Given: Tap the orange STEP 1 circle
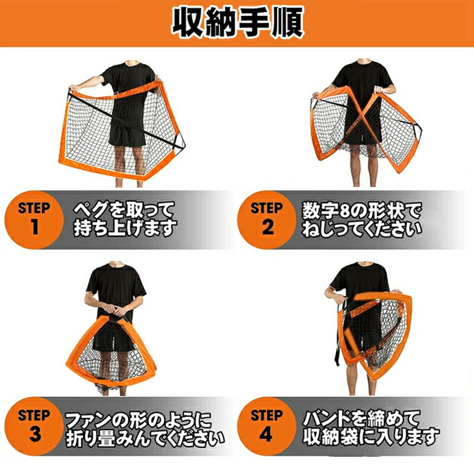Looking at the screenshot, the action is (34, 219).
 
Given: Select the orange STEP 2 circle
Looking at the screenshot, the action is (267, 219).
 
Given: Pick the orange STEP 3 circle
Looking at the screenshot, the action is (34, 426).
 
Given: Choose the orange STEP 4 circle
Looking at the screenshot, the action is (267, 426).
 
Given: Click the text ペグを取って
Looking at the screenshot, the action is (124, 210).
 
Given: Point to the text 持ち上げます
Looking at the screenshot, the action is (125, 228).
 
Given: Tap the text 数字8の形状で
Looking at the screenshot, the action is (361, 210).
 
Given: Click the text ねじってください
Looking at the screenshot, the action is (361, 228).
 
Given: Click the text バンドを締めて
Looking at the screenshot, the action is (361, 418).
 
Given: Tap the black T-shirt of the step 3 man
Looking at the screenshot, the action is (116, 287).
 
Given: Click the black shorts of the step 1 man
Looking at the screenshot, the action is (127, 136).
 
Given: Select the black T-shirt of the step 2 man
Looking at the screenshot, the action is (363, 85).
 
